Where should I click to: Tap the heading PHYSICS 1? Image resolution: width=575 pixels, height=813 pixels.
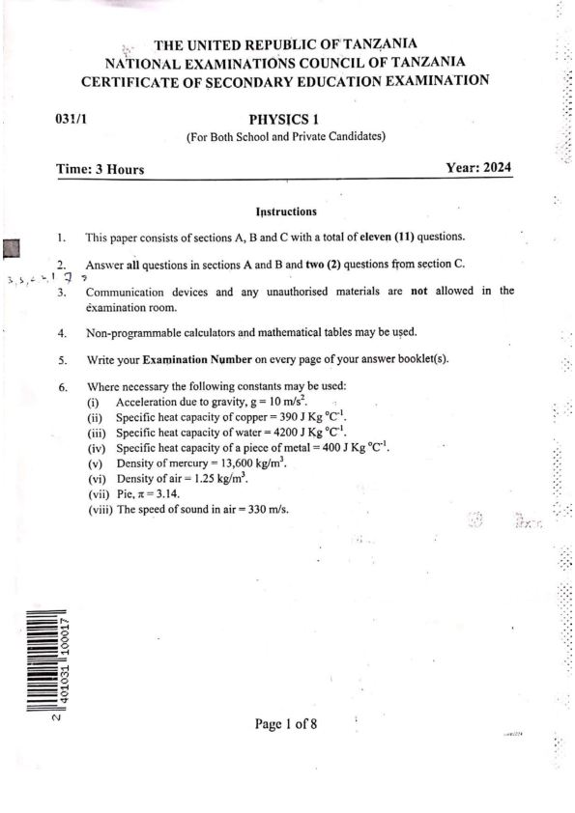click(x=285, y=121)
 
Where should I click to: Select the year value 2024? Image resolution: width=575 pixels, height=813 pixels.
click(x=494, y=168)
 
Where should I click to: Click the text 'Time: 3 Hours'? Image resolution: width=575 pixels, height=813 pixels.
click(x=100, y=170)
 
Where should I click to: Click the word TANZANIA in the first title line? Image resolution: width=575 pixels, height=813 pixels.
click(x=372, y=43)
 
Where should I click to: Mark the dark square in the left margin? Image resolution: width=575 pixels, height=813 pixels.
click(x=13, y=249)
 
